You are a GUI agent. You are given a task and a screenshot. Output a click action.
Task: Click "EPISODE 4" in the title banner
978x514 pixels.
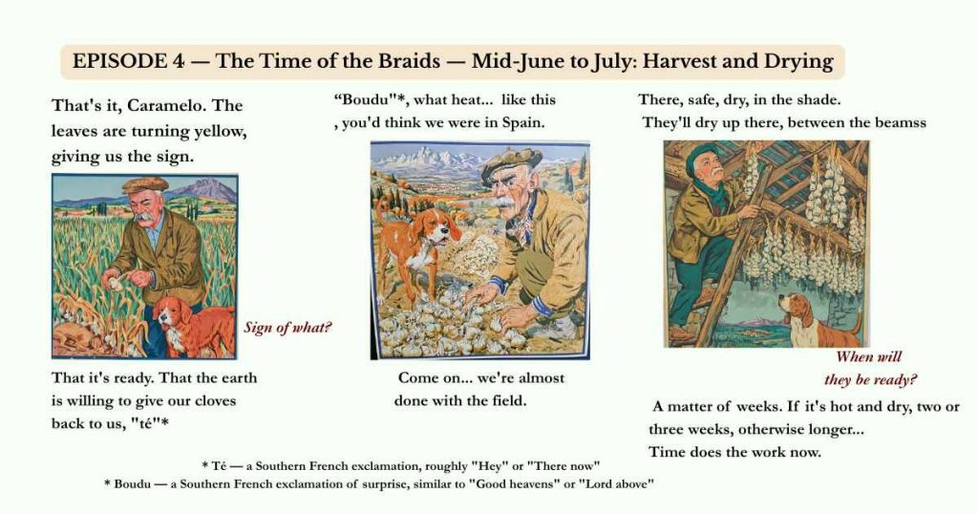tap(129, 61)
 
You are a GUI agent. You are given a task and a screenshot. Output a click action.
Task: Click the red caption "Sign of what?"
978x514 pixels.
tap(287, 328)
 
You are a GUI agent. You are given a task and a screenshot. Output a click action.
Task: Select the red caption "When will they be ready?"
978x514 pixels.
tap(870, 368)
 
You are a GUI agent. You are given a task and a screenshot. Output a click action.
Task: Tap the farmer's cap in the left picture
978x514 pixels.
tap(145, 184)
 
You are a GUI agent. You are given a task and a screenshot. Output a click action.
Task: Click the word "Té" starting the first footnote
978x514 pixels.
tap(218, 466)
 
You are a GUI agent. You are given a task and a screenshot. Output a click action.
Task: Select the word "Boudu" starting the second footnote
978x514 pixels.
tap(132, 484)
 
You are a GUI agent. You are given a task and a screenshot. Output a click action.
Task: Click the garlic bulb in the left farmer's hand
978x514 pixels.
tap(117, 283)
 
